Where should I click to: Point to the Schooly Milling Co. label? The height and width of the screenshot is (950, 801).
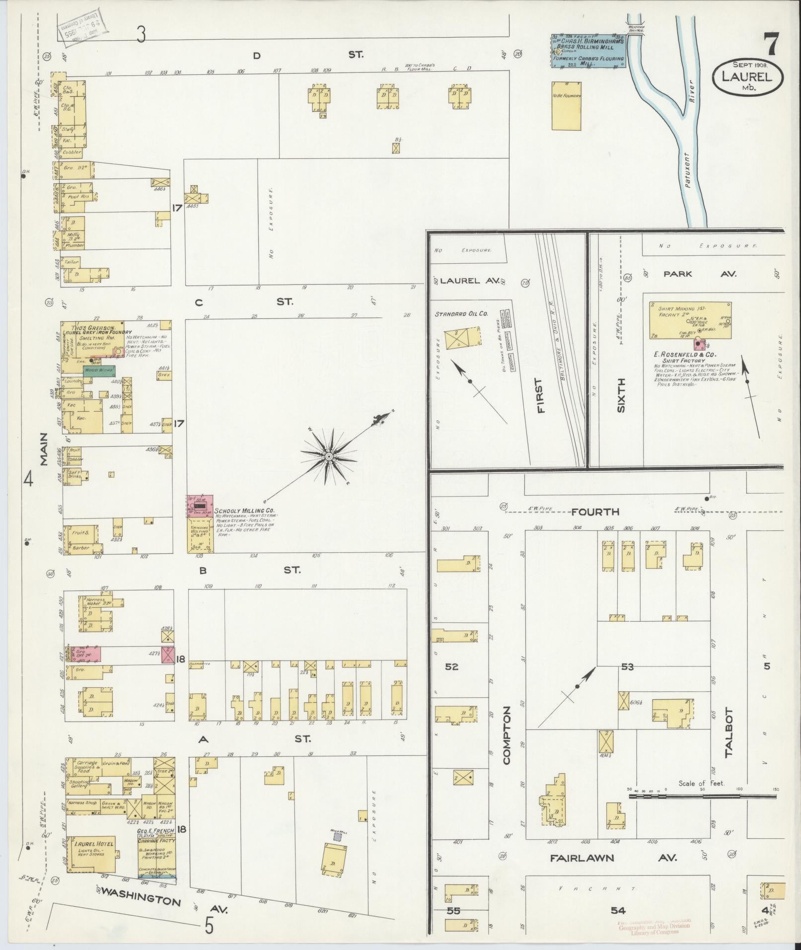pyautogui.click(x=244, y=511)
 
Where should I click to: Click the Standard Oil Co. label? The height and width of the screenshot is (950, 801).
pyautogui.click(x=461, y=314)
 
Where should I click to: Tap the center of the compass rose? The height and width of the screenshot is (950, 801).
pyautogui.click(x=328, y=455)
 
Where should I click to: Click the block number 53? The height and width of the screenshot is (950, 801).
pyautogui.click(x=628, y=666)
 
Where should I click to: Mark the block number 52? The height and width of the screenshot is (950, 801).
pyautogui.click(x=451, y=666)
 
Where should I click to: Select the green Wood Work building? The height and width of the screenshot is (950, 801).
pyautogui.click(x=99, y=370)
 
